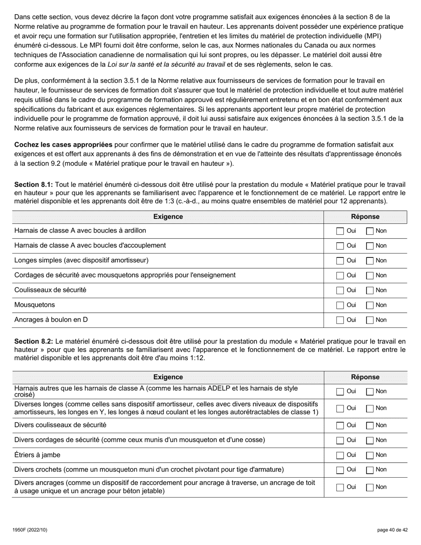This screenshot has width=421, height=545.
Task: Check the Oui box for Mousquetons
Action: tap(340, 305)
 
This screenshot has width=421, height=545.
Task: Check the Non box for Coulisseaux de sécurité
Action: tap(370, 290)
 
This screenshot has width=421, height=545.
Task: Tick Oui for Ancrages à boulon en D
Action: tap(340, 320)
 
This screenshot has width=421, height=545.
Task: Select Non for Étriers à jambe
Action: tap(370, 455)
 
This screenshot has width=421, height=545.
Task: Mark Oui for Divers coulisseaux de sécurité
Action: tap(340, 425)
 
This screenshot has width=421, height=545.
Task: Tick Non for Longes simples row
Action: tap(370, 261)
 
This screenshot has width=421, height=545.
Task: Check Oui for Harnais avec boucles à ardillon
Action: tap(340, 231)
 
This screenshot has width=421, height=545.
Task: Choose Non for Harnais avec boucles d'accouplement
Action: tap(370, 246)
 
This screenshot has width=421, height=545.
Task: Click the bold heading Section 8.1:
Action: tap(34, 184)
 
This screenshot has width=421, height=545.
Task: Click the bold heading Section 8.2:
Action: tap(34, 341)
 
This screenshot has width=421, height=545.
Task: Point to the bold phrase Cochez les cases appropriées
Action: tap(63, 145)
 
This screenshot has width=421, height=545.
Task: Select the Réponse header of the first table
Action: tap(365, 217)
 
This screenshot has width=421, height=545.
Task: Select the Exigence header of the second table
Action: tap(168, 377)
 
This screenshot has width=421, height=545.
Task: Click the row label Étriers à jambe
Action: tap(37, 455)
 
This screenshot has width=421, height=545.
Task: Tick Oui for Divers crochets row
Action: tap(340, 470)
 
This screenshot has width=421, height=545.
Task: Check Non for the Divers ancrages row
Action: tap(370, 487)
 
